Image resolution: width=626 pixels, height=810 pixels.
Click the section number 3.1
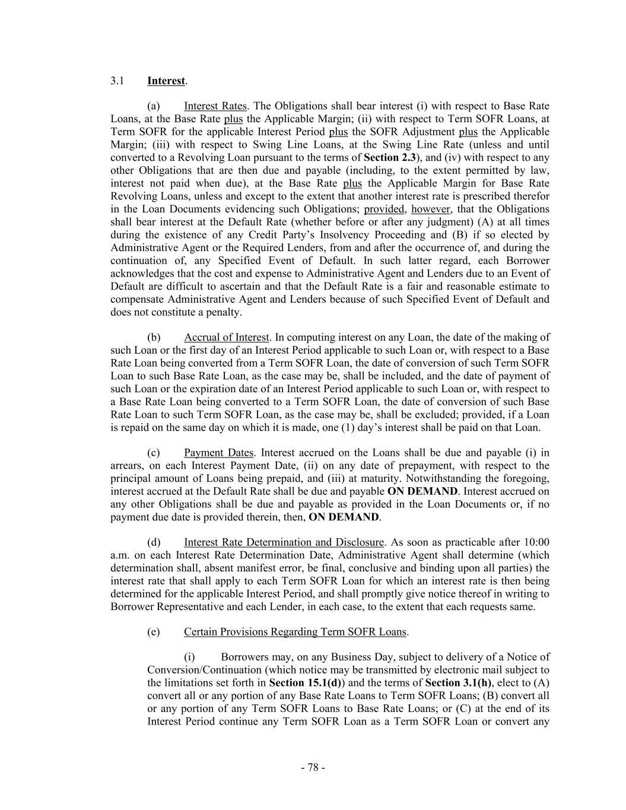pyautogui.click(x=117, y=81)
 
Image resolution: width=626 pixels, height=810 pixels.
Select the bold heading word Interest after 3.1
pyautogui.click(x=166, y=81)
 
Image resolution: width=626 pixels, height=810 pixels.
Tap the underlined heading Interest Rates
pyautogui.click(x=215, y=106)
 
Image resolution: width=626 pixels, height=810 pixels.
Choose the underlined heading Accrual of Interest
pyautogui.click(x=227, y=338)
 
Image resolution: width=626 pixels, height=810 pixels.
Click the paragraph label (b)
pyautogui.click(x=154, y=338)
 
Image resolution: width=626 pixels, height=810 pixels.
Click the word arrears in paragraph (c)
pyautogui.click(x=126, y=466)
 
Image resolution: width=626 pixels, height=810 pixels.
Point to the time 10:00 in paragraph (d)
pyautogui.click(x=536, y=542)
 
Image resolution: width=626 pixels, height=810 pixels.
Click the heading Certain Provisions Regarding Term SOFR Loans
pyautogui.click(x=295, y=632)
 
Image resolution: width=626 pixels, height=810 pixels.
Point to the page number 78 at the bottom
pyautogui.click(x=313, y=767)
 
